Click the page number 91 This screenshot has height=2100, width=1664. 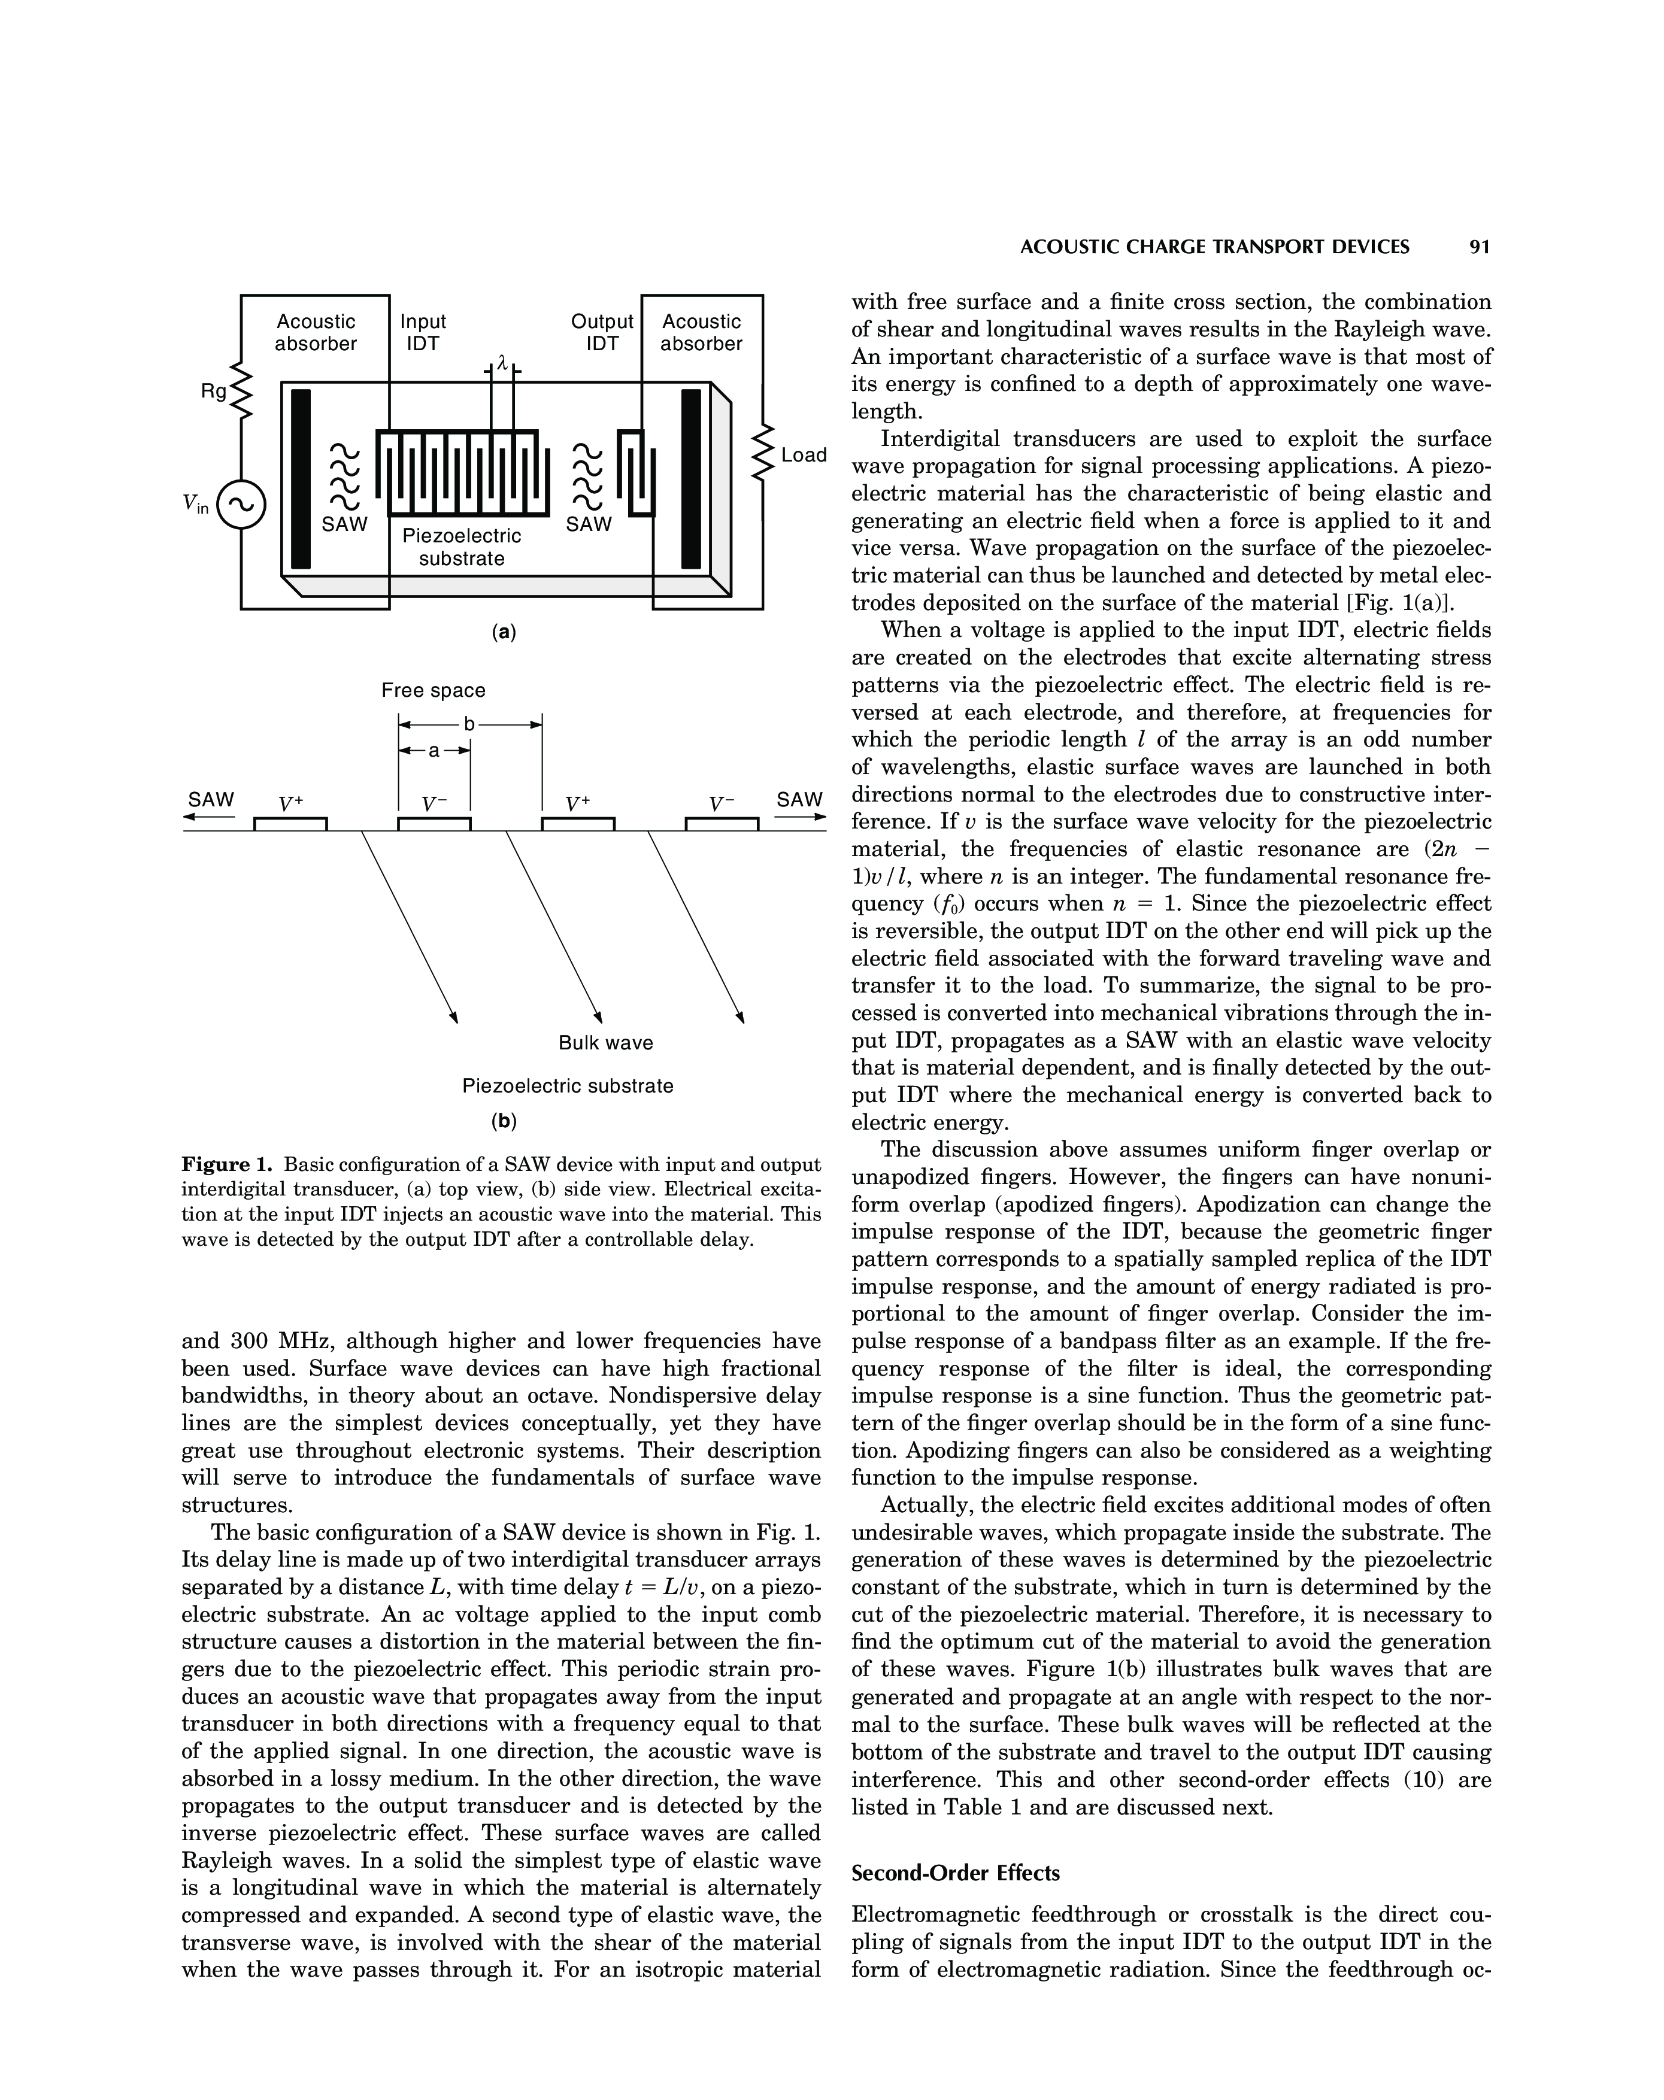pos(1479,247)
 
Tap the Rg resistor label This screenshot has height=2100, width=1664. pos(213,392)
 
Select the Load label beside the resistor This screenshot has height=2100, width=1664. pos(804,455)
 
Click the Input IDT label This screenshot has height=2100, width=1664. pos(423,332)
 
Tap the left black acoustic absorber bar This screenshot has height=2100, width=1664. pos(301,478)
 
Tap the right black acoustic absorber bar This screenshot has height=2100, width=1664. pos(691,478)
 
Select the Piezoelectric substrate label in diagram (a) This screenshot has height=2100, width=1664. pos(462,547)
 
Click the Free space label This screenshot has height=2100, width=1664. pos(432,691)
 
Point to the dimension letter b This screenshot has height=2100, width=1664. pos(469,724)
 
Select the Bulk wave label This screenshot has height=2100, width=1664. pos(605,1043)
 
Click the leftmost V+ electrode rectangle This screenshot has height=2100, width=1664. pos(290,824)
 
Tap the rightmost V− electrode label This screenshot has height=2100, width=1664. pos(722,805)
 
